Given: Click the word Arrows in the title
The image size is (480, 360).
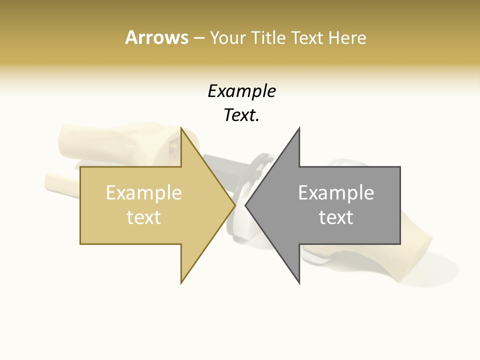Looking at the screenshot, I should click(x=156, y=37).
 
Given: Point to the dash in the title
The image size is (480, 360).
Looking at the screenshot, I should click(x=198, y=38).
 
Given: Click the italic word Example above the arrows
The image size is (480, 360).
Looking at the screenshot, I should click(x=241, y=91).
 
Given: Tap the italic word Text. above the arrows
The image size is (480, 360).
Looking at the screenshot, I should click(x=241, y=115).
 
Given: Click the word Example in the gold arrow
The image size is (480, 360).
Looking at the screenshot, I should click(x=144, y=193).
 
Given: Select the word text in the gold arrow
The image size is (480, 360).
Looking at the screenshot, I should click(x=144, y=217).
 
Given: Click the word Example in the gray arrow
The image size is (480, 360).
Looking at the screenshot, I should click(x=336, y=193).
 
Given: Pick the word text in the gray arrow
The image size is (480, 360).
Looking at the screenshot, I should click(x=336, y=217).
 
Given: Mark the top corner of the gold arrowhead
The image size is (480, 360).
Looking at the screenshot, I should click(x=181, y=128).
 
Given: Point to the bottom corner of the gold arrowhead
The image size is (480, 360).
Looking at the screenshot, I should click(x=181, y=283).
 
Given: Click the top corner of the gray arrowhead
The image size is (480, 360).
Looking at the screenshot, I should click(x=299, y=128).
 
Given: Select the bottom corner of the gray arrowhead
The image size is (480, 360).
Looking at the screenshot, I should click(x=299, y=283).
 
